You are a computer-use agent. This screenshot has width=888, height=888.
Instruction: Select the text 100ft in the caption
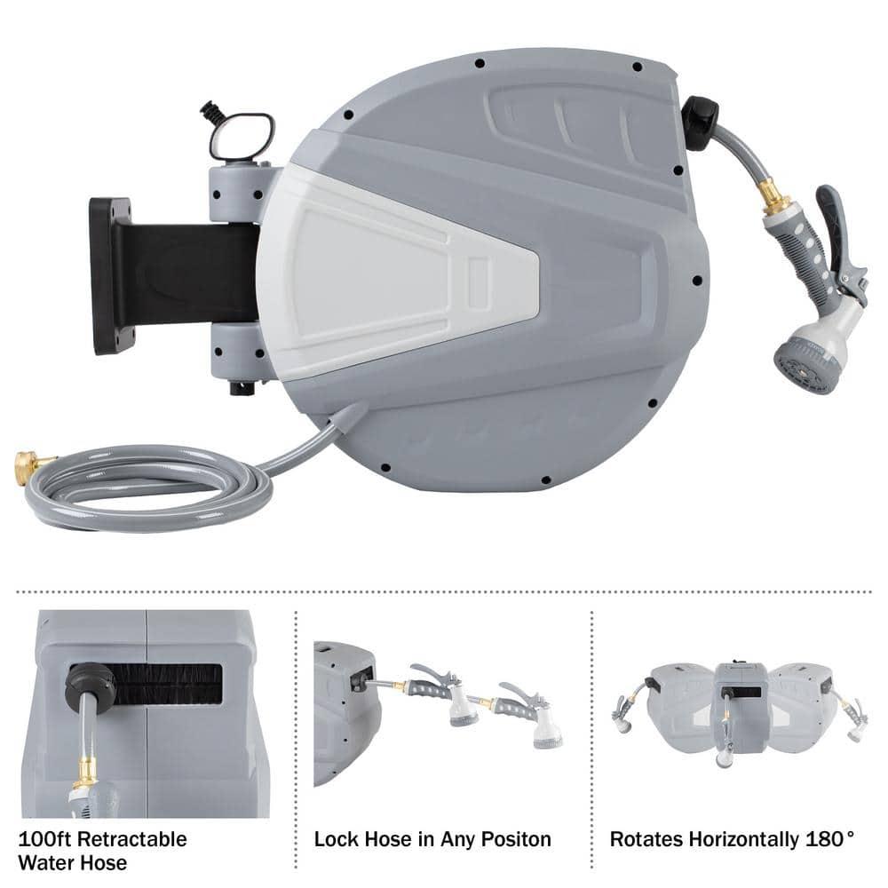pyautogui.click(x=40, y=839)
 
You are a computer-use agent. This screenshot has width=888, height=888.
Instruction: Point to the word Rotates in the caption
pyautogui.click(x=642, y=839)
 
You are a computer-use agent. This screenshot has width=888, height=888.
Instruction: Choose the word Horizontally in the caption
pyautogui.click(x=741, y=839)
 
